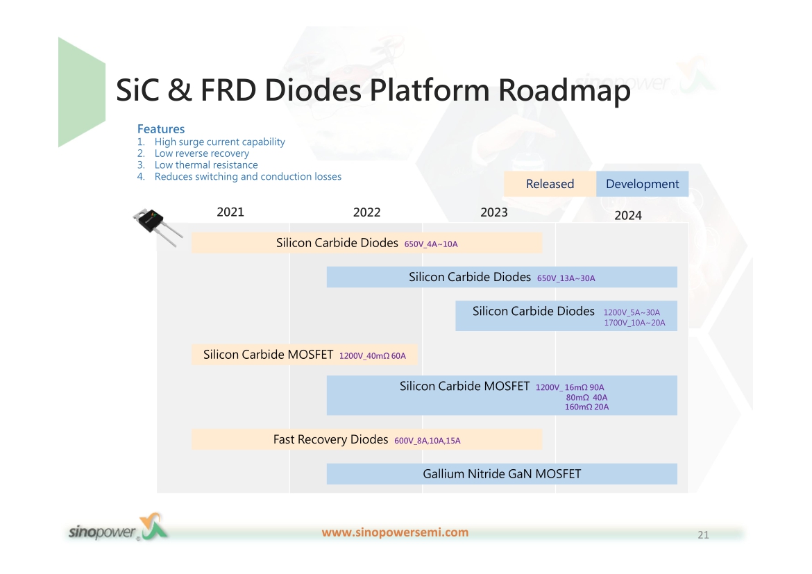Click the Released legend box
(550, 184)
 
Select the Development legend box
(642, 184)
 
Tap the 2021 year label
(230, 212)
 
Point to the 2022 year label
(366, 212)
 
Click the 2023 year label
(494, 212)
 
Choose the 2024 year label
(627, 215)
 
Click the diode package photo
(156, 227)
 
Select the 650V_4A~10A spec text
(431, 244)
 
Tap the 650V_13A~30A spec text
(566, 278)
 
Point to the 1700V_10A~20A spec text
(634, 323)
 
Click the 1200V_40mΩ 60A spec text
(372, 356)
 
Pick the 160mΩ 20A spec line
(586, 407)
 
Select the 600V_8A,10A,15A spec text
(428, 441)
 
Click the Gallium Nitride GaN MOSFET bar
(502, 474)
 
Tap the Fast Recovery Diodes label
(330, 439)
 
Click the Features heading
(160, 129)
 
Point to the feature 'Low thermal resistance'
(206, 164)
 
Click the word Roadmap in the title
(564, 90)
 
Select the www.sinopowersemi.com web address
(395, 532)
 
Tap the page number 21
(703, 534)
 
